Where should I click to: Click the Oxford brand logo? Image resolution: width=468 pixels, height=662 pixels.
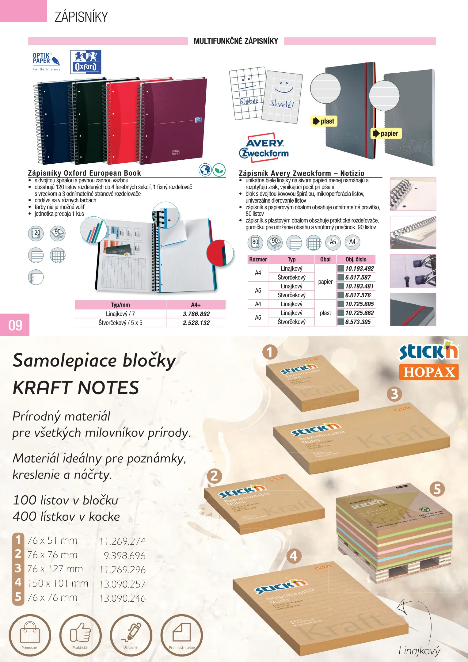tap(86, 62)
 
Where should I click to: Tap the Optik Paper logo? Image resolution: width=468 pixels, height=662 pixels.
tap(46, 61)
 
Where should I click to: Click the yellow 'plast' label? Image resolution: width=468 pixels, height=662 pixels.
tap(324, 121)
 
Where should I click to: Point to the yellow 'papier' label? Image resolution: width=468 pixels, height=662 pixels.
tap(386, 133)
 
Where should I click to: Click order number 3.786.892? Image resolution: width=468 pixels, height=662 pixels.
tap(196, 314)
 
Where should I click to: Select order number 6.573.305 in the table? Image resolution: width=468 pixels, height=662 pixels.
tap(358, 322)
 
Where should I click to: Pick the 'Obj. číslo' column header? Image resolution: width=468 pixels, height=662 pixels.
tap(356, 259)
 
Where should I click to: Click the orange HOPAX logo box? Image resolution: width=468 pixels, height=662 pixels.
tap(429, 372)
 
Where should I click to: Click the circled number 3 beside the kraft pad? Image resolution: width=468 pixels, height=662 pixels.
tap(394, 394)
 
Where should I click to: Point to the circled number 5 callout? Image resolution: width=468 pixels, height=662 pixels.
tap(437, 489)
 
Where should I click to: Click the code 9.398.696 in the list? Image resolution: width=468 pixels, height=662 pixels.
tap(124, 556)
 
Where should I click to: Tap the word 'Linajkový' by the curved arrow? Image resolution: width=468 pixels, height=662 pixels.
tap(419, 651)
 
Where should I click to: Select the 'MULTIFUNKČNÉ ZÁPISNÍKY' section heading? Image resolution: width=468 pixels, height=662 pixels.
tap(236, 41)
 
